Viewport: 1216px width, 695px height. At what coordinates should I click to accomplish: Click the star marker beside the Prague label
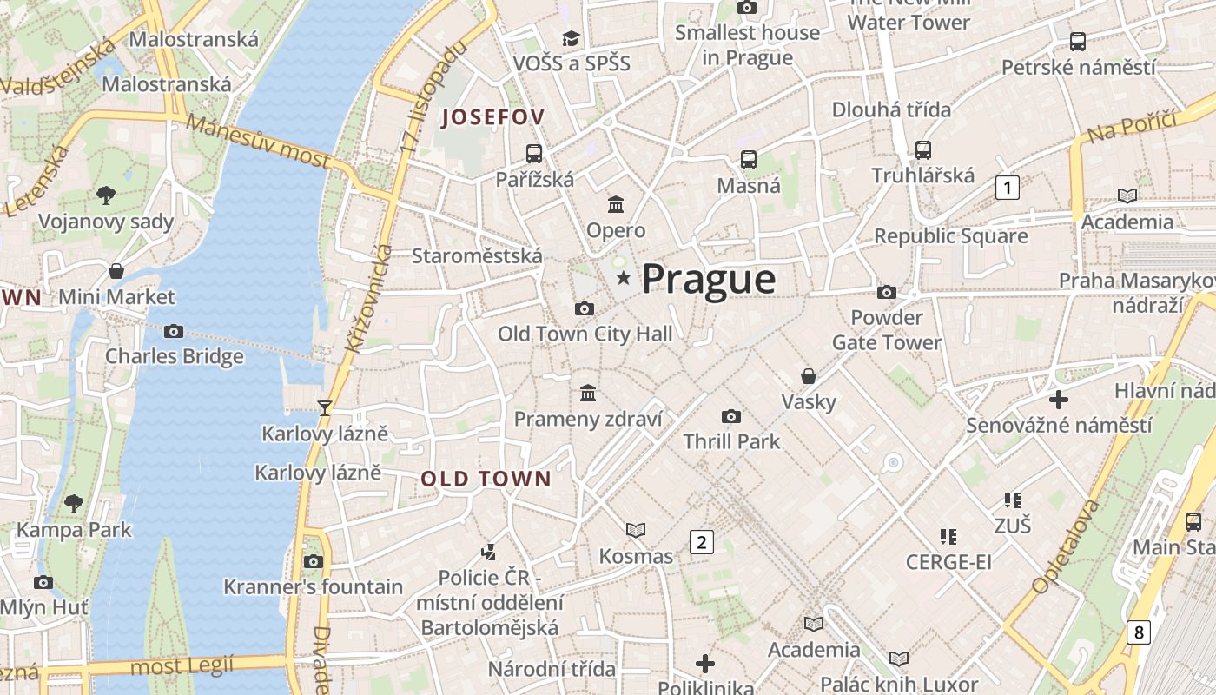(x=623, y=278)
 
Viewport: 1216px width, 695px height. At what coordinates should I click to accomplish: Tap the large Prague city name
(x=708, y=279)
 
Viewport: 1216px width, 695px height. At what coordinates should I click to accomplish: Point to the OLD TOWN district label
(x=486, y=479)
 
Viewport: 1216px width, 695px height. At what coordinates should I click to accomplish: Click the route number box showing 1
(x=1007, y=187)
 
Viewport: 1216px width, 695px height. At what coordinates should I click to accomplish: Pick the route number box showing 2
(x=701, y=543)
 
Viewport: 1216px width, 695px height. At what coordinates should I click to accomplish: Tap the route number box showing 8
(x=1138, y=632)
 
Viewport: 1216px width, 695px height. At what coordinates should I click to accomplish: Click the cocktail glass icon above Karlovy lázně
(x=325, y=407)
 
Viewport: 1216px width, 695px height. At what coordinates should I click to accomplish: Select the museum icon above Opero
(x=616, y=205)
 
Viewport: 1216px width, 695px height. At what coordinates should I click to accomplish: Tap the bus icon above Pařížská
(x=534, y=154)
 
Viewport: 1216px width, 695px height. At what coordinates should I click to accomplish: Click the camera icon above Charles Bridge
(x=174, y=331)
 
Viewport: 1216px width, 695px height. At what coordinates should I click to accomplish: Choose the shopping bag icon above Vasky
(x=809, y=376)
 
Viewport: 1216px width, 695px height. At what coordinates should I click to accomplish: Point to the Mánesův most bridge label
(x=259, y=142)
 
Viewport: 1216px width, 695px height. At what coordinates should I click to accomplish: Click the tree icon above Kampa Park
(x=74, y=503)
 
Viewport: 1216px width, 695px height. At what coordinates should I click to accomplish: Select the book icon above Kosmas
(x=636, y=530)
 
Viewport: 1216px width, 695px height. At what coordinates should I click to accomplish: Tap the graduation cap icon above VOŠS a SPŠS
(x=571, y=37)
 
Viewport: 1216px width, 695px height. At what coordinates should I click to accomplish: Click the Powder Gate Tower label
(x=886, y=330)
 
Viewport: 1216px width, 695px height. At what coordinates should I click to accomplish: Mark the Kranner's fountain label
(x=313, y=587)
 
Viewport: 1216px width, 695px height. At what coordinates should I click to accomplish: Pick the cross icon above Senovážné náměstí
(x=1058, y=400)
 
